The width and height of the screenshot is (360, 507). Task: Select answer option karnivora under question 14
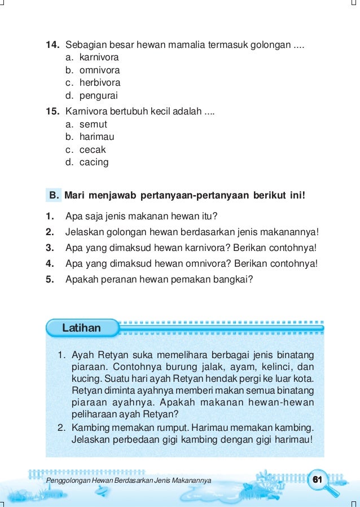point(99,58)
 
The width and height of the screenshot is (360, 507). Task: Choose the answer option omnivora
point(99,70)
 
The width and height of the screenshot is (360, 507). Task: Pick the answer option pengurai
point(98,96)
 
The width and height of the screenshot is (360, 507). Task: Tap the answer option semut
point(93,124)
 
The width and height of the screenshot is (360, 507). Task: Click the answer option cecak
point(93,150)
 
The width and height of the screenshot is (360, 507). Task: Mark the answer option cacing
point(94,162)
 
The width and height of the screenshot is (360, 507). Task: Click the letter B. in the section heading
point(55,196)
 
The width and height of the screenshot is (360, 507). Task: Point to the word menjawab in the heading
point(113,196)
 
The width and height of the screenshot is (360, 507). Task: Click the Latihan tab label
point(81,328)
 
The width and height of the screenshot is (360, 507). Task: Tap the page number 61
point(317,479)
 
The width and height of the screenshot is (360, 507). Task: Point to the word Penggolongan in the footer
point(66,480)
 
